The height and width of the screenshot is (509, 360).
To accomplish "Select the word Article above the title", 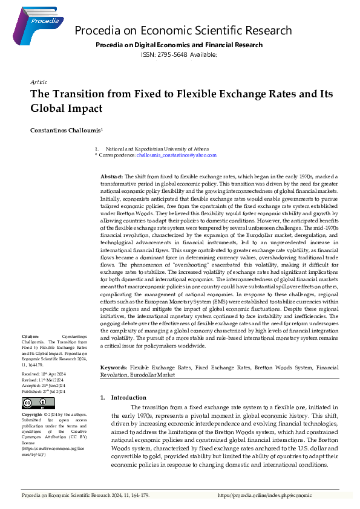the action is (38, 82).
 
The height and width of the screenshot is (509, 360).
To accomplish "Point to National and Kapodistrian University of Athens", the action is (157, 149).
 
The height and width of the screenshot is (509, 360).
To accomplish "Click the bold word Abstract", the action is (112, 176).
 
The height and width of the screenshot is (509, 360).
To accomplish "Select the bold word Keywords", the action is (113, 368).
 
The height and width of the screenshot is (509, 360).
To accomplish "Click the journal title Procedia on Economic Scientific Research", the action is (183, 31).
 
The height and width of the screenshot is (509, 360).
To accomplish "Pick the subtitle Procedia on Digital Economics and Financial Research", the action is (179, 45).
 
